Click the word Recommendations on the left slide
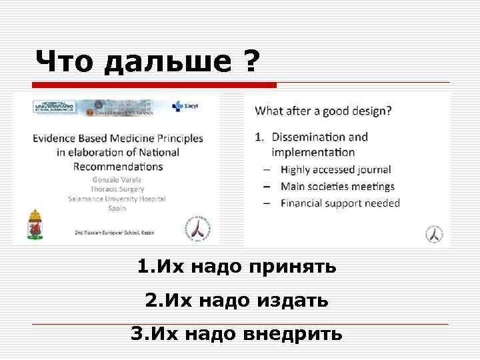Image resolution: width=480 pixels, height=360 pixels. pos(119,166)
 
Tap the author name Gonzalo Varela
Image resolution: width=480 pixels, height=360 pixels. pos(117,179)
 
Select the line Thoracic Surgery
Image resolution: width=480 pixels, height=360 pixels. pos(117,189)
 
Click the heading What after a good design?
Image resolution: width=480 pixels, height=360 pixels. pos(323,111)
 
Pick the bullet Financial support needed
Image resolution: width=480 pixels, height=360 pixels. pos(340,203)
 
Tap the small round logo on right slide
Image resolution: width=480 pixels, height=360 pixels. pos(434,234)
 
